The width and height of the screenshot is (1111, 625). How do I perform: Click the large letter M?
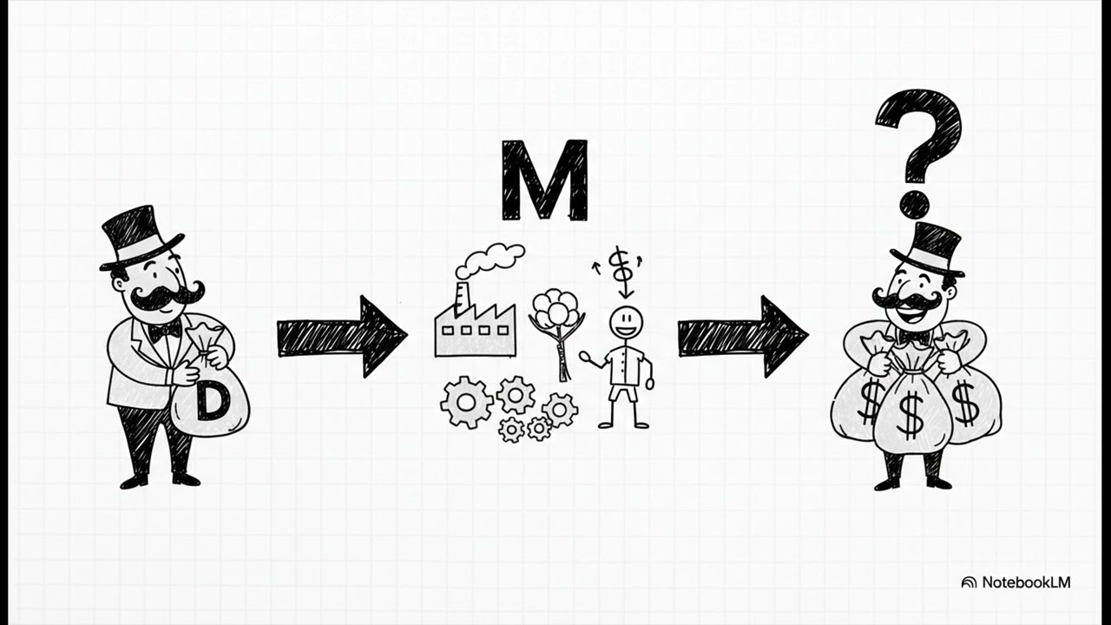click(x=544, y=180)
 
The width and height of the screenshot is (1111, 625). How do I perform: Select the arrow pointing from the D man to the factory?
click(x=342, y=336)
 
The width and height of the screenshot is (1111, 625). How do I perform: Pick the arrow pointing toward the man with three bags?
click(x=743, y=336)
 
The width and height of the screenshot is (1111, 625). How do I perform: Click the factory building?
click(x=475, y=330)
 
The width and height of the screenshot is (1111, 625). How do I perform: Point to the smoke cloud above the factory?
click(x=490, y=260)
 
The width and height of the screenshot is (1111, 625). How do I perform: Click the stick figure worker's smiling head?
click(x=626, y=323)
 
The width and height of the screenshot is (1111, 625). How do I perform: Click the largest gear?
click(x=467, y=402)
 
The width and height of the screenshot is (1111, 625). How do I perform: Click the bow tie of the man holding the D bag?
click(x=164, y=331)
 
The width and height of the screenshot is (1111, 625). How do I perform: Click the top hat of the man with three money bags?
click(x=927, y=251)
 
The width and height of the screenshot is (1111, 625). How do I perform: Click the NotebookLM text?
click(x=1026, y=582)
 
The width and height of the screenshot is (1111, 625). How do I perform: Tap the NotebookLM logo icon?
click(x=969, y=582)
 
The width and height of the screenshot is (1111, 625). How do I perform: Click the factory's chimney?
click(x=462, y=299)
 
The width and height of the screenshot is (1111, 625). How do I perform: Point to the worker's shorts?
click(x=624, y=393)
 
